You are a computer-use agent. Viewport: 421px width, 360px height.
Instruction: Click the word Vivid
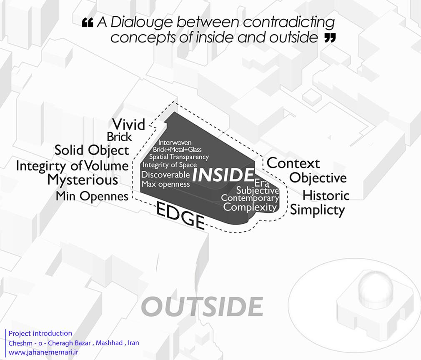pyautogui.click(x=129, y=124)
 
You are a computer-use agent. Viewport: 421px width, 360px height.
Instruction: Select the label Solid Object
pyautogui.click(x=92, y=150)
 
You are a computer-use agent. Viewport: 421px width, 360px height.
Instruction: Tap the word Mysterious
pyautogui.click(x=83, y=180)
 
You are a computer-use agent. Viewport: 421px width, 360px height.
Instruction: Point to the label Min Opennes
pyautogui.click(x=92, y=196)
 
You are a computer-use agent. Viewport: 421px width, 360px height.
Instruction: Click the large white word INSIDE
pyautogui.click(x=223, y=175)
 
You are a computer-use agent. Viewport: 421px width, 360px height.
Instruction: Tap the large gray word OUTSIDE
pyautogui.click(x=202, y=306)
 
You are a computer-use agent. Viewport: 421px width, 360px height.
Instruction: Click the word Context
pyautogui.click(x=293, y=163)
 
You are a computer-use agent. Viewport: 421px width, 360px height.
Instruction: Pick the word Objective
pyautogui.click(x=318, y=178)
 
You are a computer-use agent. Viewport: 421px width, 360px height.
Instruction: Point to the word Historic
pyautogui.click(x=326, y=195)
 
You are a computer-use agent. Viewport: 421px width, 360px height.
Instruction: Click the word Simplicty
pyautogui.click(x=318, y=210)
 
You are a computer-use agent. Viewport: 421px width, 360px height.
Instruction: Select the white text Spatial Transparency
pyautogui.click(x=179, y=157)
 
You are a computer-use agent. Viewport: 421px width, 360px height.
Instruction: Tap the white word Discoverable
pyautogui.click(x=165, y=175)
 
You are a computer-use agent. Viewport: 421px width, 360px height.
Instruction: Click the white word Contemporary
pyautogui.click(x=250, y=198)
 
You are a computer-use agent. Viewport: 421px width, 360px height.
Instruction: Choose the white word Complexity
pyautogui.click(x=250, y=207)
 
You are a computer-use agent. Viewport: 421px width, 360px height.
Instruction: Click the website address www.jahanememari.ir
pyautogui.click(x=43, y=352)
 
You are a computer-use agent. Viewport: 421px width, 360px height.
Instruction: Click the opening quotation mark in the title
pyautogui.click(x=88, y=22)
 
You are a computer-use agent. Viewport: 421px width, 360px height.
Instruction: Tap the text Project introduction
pyautogui.click(x=40, y=333)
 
